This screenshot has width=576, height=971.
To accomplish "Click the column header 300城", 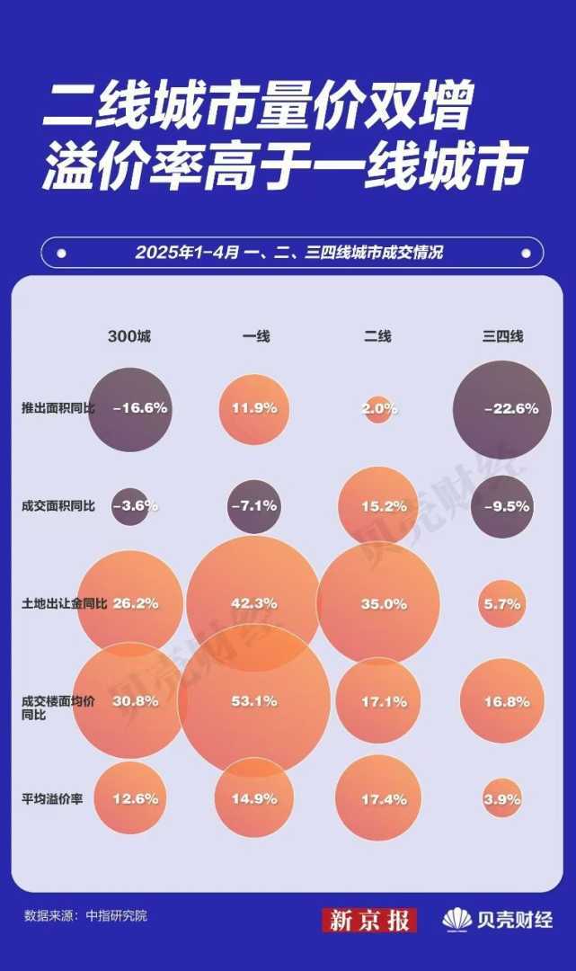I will coord(130,336).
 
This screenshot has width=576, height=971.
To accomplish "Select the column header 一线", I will coord(255,336).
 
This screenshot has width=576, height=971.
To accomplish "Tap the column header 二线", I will coord(377,336).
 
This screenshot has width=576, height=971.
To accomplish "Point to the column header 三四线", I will coord(502,336).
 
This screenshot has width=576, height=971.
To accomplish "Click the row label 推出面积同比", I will coord(52,408).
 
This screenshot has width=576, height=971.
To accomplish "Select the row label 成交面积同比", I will coord(52,505).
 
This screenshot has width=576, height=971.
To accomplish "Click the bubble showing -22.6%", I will coord(503,409).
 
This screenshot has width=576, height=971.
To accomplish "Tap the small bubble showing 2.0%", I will coord(379,408).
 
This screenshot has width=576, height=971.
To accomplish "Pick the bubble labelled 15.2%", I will coord(379,506).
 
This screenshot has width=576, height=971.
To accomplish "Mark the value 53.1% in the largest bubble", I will coord(254,701).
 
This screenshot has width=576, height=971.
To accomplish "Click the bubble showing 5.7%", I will coord(502,604).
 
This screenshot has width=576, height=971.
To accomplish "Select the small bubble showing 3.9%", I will coord(502,798).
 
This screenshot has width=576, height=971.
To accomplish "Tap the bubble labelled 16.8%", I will coord(502,701).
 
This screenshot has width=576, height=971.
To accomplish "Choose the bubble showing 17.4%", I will coord(379,798).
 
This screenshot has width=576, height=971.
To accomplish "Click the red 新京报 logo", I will coord(369,920).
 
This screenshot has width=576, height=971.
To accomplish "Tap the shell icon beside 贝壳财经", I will coord(456,920).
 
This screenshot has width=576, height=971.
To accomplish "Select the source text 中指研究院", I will coord(116,916).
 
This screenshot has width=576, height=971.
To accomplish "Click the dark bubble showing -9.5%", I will coord(502,506).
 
